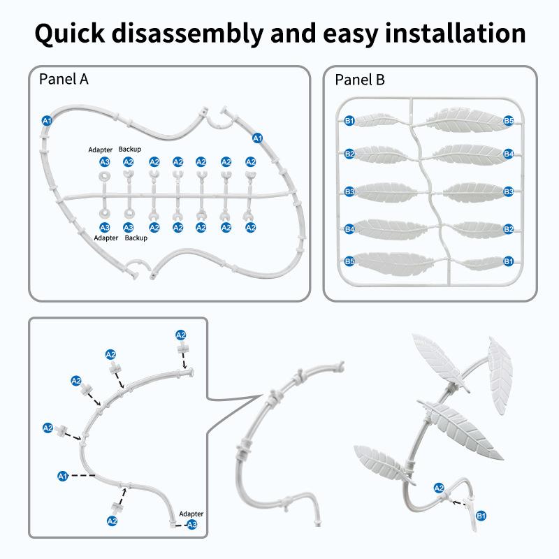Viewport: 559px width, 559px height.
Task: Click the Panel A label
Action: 63,79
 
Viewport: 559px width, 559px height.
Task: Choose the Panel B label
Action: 360,79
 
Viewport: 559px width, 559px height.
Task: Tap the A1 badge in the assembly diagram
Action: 62,476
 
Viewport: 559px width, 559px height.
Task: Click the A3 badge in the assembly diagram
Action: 192,524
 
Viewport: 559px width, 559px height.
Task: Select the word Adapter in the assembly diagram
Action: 191,513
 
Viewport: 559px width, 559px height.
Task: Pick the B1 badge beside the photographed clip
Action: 481,516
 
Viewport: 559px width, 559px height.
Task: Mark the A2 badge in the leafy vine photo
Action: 439,488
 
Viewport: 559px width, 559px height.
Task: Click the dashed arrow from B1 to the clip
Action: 461,502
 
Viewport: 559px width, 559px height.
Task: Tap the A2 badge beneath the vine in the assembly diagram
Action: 112,521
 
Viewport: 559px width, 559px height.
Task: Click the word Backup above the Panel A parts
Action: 129,150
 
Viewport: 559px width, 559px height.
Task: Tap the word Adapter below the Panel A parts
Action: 106,238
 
